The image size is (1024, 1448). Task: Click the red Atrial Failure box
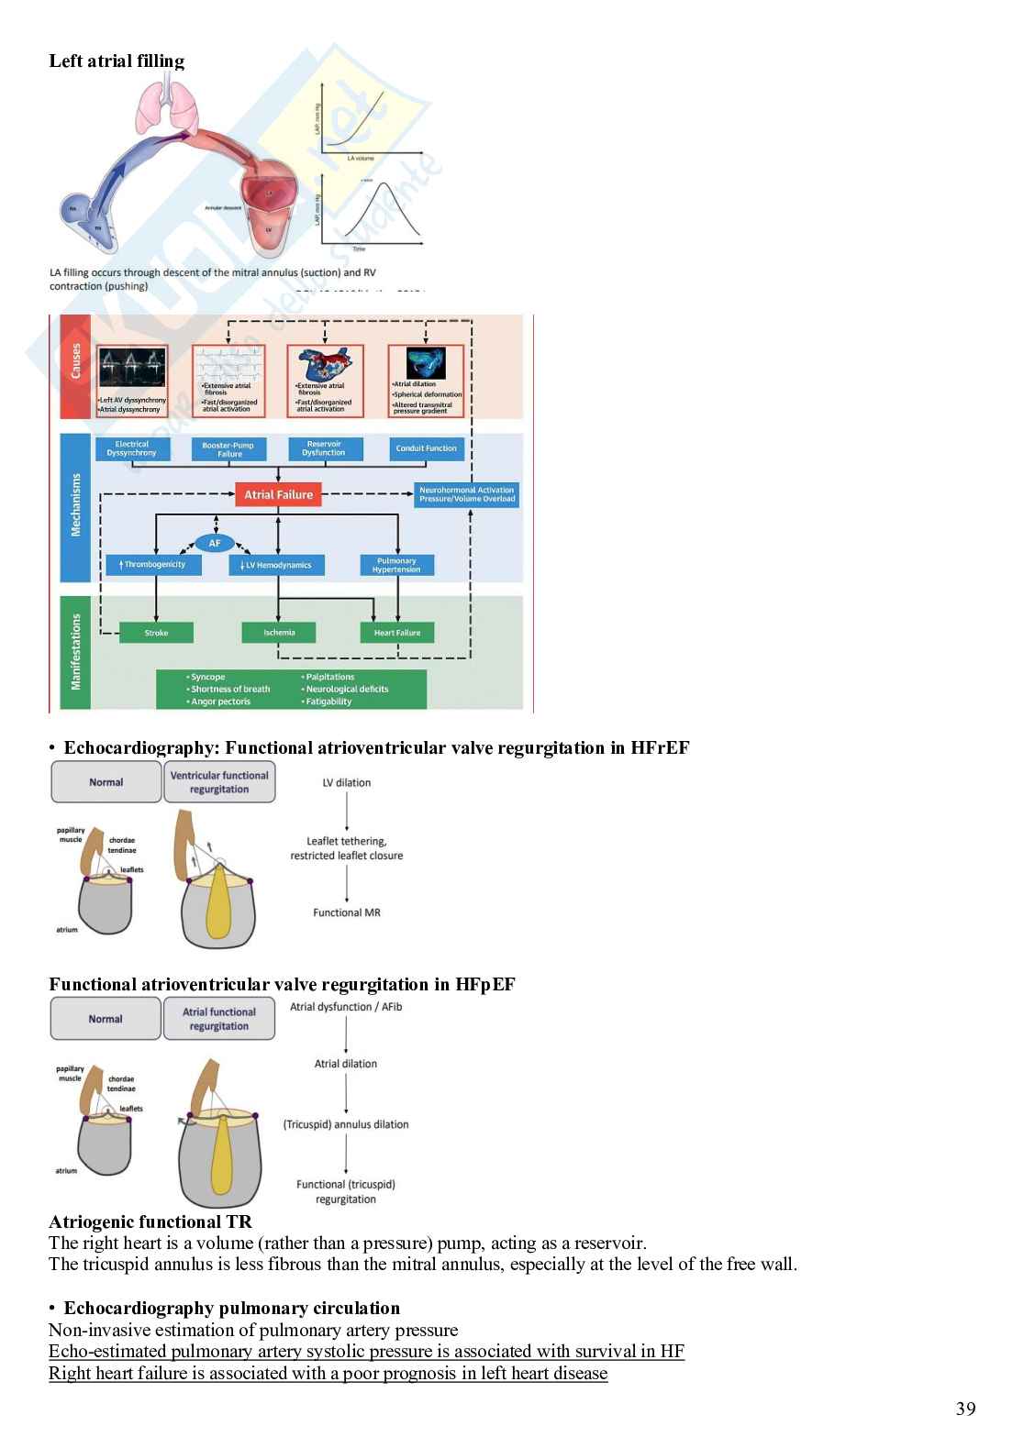tap(278, 495)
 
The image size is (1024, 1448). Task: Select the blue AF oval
tap(215, 543)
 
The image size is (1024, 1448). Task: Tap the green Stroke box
tap(156, 633)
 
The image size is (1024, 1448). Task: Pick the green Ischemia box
tap(279, 633)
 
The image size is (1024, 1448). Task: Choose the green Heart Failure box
tap(397, 633)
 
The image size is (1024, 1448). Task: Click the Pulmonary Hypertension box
tap(396, 565)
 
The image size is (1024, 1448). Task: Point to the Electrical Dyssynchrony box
tap(132, 448)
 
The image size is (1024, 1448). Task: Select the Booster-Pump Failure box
tap(228, 449)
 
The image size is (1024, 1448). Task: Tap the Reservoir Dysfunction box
tap(324, 448)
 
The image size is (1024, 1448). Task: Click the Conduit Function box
tap(426, 448)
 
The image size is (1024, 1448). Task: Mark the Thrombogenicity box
tap(154, 565)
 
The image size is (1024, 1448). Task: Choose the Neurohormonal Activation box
tap(467, 494)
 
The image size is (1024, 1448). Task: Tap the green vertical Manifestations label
tap(76, 652)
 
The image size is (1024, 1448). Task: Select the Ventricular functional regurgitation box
tap(219, 782)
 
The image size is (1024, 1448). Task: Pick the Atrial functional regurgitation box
tap(219, 1019)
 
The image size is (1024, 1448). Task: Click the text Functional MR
tap(347, 912)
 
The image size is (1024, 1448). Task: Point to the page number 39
tap(965, 1409)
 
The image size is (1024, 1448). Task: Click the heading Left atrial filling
tap(117, 61)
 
